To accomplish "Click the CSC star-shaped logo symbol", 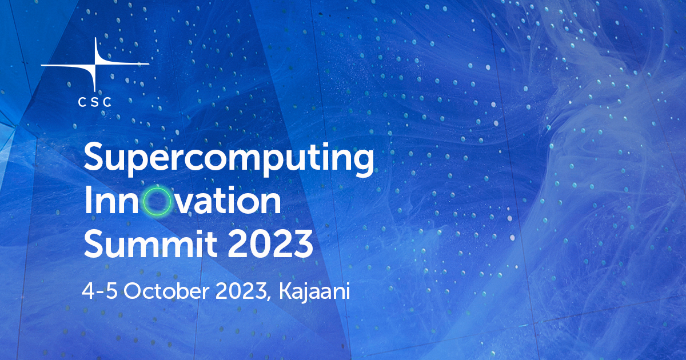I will click(x=95, y=64).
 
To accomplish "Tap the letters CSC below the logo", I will click(x=95, y=102).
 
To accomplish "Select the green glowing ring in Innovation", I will click(x=157, y=202).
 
